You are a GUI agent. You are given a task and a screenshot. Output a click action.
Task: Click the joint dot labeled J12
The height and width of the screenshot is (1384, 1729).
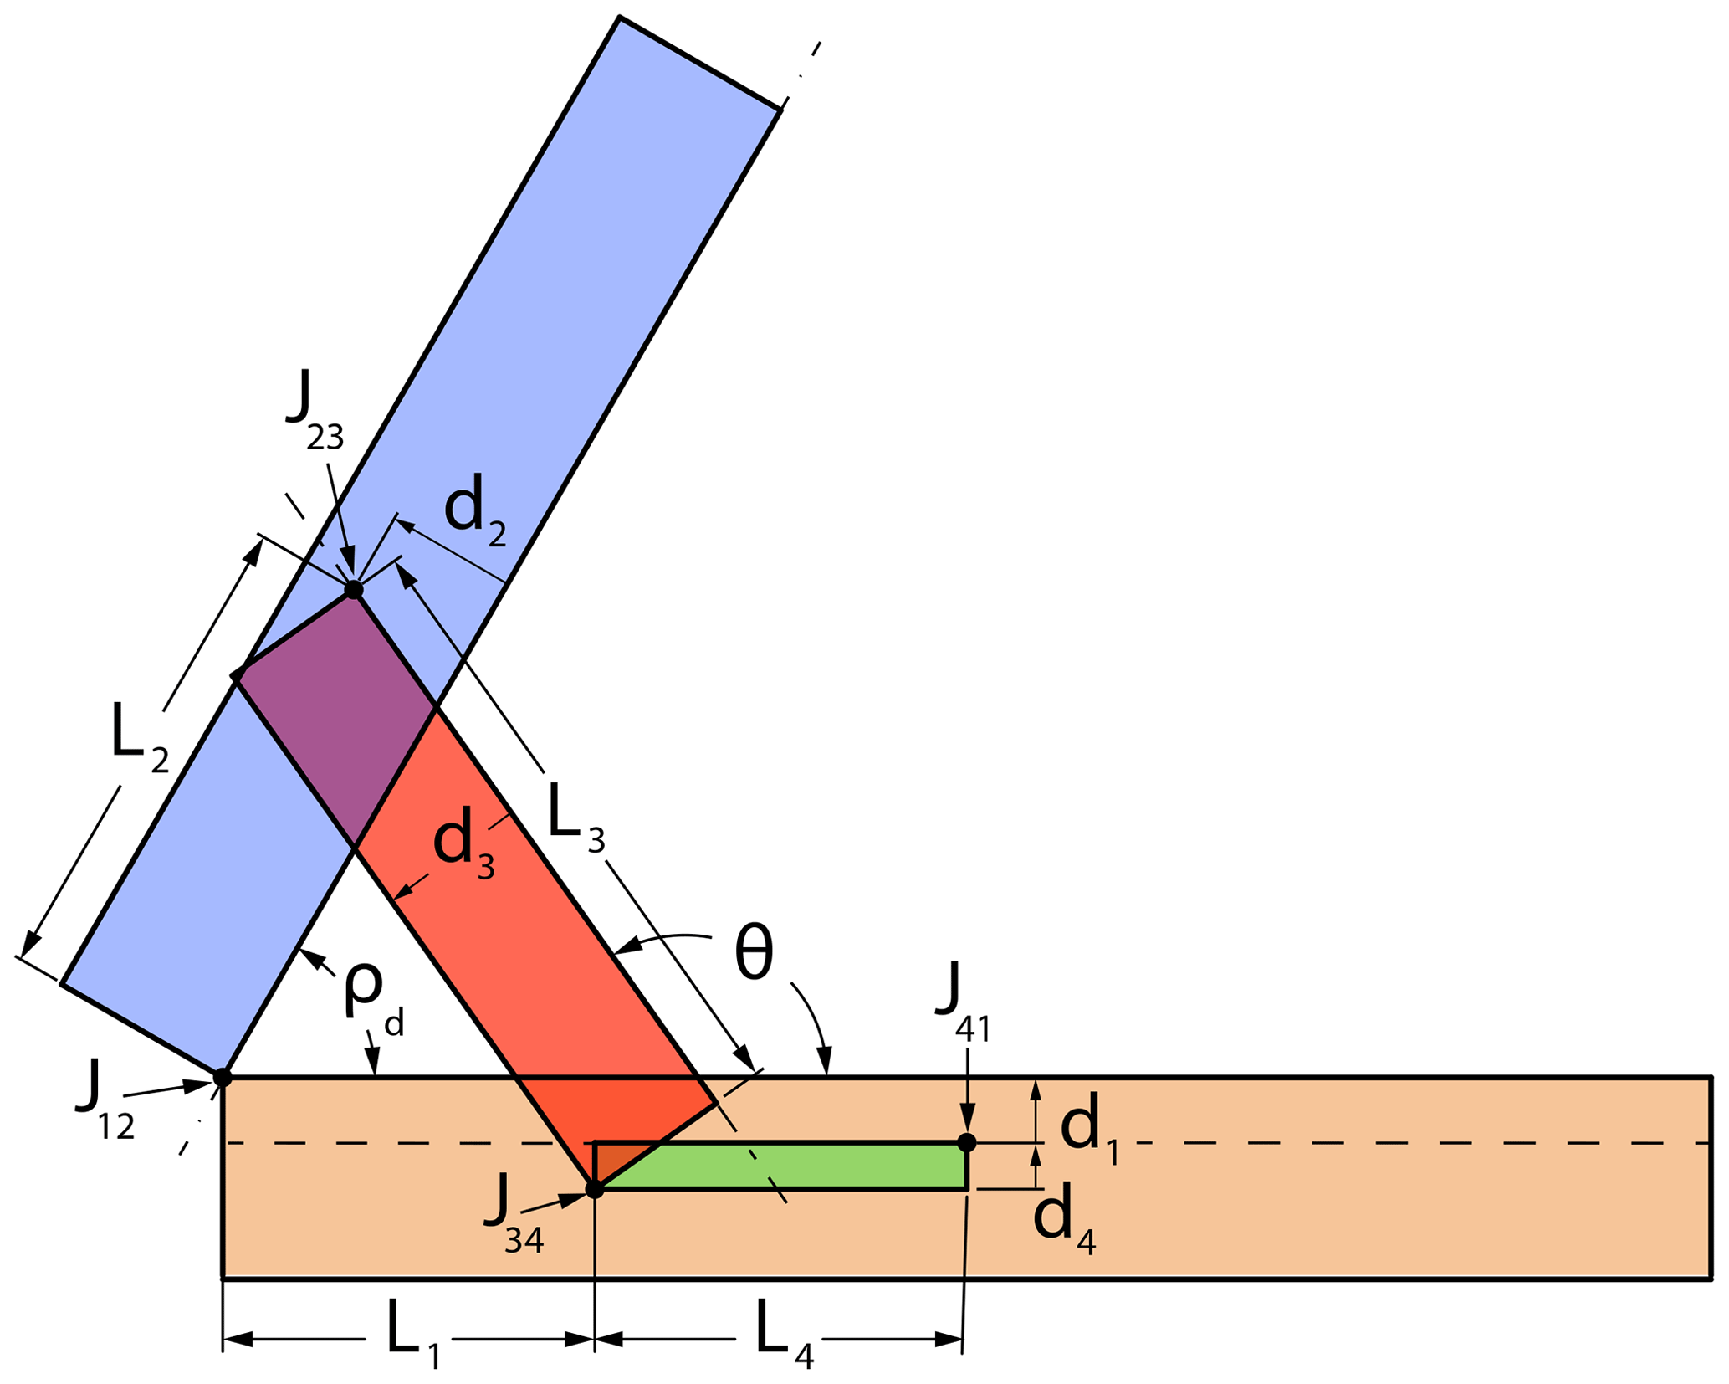(x=222, y=1077)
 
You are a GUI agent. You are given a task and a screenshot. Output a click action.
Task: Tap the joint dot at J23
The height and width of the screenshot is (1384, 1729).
(x=354, y=590)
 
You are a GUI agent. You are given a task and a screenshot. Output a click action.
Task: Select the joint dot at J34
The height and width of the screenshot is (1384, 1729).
(x=594, y=1189)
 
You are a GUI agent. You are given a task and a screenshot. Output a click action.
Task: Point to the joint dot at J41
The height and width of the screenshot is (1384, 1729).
(x=966, y=1142)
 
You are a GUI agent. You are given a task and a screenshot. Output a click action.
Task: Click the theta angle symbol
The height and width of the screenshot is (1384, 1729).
(x=754, y=955)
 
